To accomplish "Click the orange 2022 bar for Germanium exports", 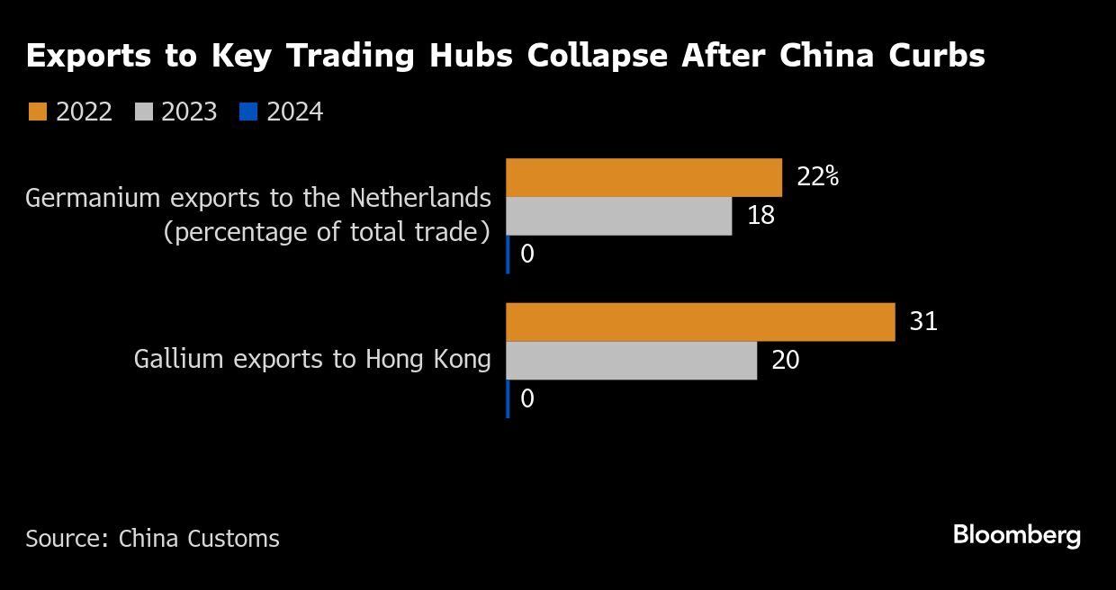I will (x=643, y=177).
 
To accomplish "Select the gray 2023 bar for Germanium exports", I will (x=618, y=216).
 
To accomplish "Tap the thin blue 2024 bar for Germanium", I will (x=508, y=255).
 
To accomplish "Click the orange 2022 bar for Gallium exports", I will (x=700, y=322).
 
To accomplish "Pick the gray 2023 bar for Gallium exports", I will (x=631, y=360).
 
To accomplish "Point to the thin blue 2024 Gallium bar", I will (x=508, y=398).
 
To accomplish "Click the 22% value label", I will (x=817, y=176).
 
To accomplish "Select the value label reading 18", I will (x=760, y=216).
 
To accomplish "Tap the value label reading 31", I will (x=923, y=322).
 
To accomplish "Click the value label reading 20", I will (x=785, y=361).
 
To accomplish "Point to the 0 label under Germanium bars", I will (x=527, y=255).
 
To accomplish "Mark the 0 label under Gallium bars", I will (x=527, y=398).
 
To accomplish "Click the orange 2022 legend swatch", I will (x=37, y=112).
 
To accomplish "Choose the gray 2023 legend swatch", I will (x=143, y=112).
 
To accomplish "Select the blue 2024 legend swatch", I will (x=248, y=112).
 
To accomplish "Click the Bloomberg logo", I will (x=1016, y=536).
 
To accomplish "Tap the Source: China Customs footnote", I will (x=152, y=539).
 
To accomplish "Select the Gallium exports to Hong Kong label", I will (x=312, y=360).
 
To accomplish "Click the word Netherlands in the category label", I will (x=420, y=197).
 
